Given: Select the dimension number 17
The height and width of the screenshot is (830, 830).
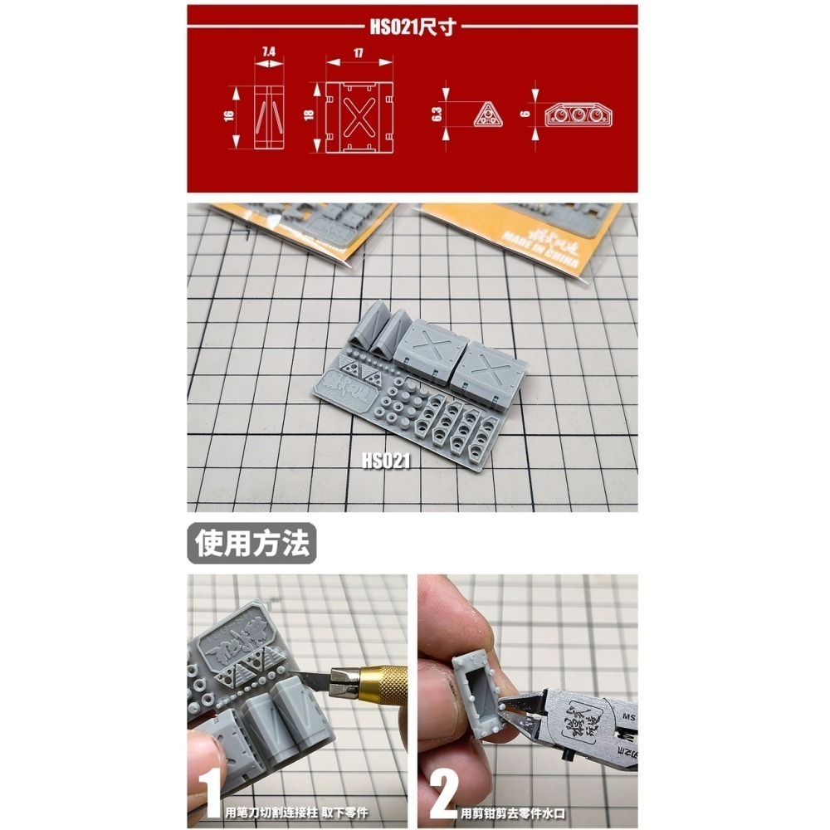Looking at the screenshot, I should coord(359,51).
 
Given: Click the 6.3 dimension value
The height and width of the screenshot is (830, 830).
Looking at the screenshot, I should coord(437,112).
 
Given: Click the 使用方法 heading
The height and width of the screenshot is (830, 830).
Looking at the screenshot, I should coord(252,543).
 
